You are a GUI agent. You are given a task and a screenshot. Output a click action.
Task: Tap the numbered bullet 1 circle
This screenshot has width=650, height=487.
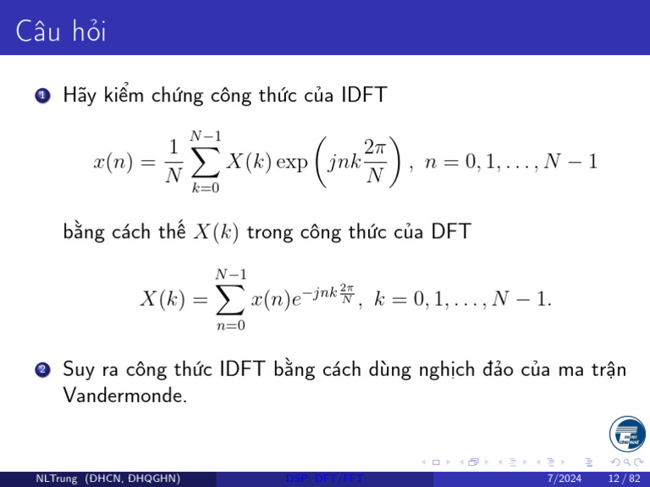point(41,95)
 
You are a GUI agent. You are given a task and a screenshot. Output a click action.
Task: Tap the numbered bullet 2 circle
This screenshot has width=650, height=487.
point(41,371)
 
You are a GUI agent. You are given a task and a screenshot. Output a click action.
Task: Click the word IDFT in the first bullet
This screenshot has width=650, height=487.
point(363,95)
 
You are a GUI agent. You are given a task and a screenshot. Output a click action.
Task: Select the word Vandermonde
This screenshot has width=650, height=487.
point(124,395)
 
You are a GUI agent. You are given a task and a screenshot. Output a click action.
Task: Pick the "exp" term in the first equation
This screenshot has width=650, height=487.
point(294,162)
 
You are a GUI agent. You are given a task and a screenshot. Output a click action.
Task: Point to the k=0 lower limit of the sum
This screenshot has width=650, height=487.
point(206,189)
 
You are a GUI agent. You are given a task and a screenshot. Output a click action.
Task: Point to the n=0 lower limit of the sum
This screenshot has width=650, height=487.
point(230,326)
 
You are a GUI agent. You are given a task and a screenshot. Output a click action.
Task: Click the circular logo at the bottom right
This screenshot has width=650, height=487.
point(626,434)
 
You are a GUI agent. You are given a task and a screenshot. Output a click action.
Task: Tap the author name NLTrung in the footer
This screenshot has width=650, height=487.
point(53,479)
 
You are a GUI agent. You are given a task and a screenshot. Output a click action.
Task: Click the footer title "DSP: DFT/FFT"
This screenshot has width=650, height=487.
point(325,479)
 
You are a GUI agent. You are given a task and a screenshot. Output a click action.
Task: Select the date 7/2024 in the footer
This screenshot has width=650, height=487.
point(565,479)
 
